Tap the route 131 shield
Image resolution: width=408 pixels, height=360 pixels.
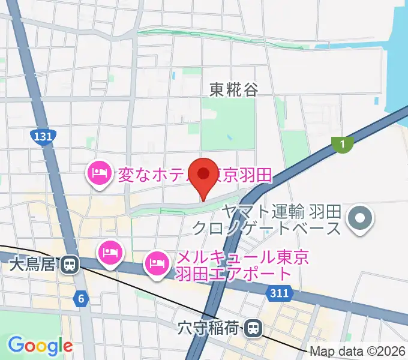click(x=42, y=137)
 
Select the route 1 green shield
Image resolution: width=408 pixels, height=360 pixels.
click(x=342, y=143)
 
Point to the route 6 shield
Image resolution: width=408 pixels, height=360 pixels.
click(x=82, y=298)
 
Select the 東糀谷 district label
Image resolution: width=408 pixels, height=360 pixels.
click(x=234, y=90)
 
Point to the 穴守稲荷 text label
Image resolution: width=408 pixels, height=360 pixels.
click(x=209, y=328)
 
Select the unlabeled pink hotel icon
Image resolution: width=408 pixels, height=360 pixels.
click(x=111, y=251)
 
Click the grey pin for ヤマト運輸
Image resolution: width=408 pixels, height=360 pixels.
click(x=361, y=218)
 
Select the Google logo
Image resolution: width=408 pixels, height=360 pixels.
click(x=40, y=346)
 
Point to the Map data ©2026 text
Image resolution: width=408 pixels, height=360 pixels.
click(x=358, y=351)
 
